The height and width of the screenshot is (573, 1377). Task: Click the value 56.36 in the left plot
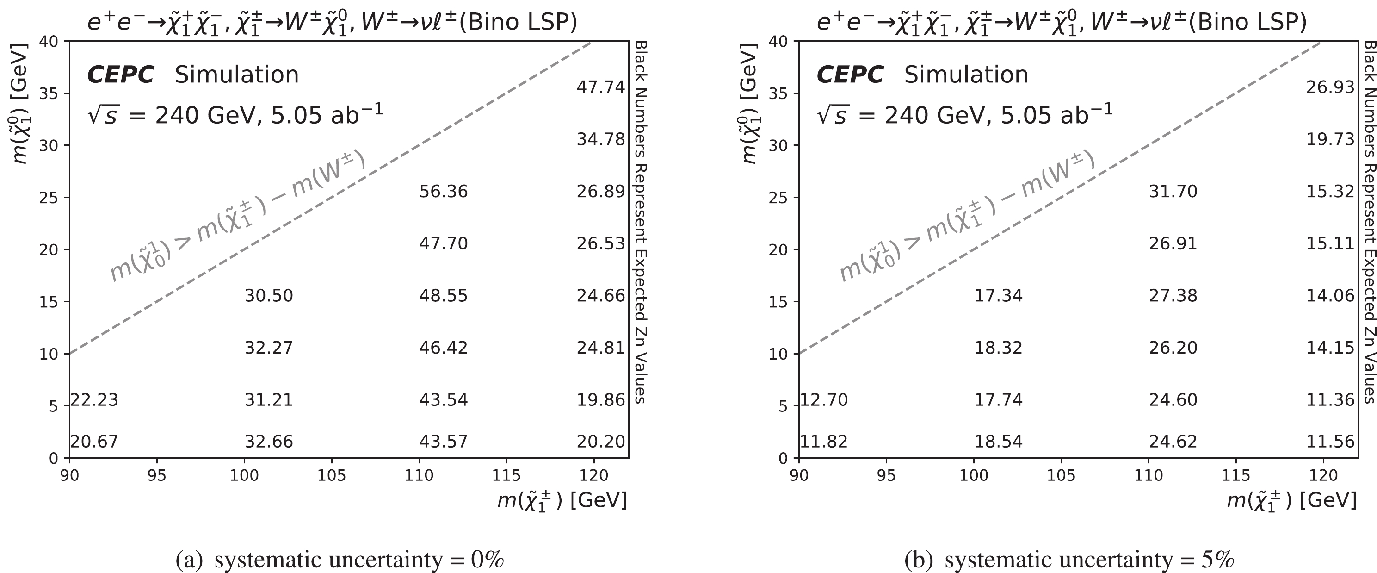point(443,192)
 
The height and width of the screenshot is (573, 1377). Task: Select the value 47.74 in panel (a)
point(600,87)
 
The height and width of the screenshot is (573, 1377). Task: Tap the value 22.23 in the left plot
point(95,399)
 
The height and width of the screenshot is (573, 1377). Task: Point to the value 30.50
point(269,296)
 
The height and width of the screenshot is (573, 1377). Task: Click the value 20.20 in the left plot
point(600,442)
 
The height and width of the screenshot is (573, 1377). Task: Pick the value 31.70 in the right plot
point(1173,192)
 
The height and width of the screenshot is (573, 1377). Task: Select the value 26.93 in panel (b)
point(1330,87)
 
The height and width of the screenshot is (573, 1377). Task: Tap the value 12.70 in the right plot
point(824,399)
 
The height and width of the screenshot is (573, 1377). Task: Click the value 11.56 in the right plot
point(1330,442)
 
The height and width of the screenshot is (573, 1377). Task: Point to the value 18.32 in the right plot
point(998,348)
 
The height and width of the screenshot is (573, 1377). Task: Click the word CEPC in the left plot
point(120,75)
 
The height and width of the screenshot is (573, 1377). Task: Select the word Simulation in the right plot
point(966,75)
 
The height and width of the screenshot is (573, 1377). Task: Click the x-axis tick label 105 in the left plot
point(332,475)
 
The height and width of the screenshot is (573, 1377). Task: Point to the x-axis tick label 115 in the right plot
point(1236,475)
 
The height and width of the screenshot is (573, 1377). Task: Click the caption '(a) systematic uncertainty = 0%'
point(340,560)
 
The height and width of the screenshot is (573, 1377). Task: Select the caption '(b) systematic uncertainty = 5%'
point(1069,560)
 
